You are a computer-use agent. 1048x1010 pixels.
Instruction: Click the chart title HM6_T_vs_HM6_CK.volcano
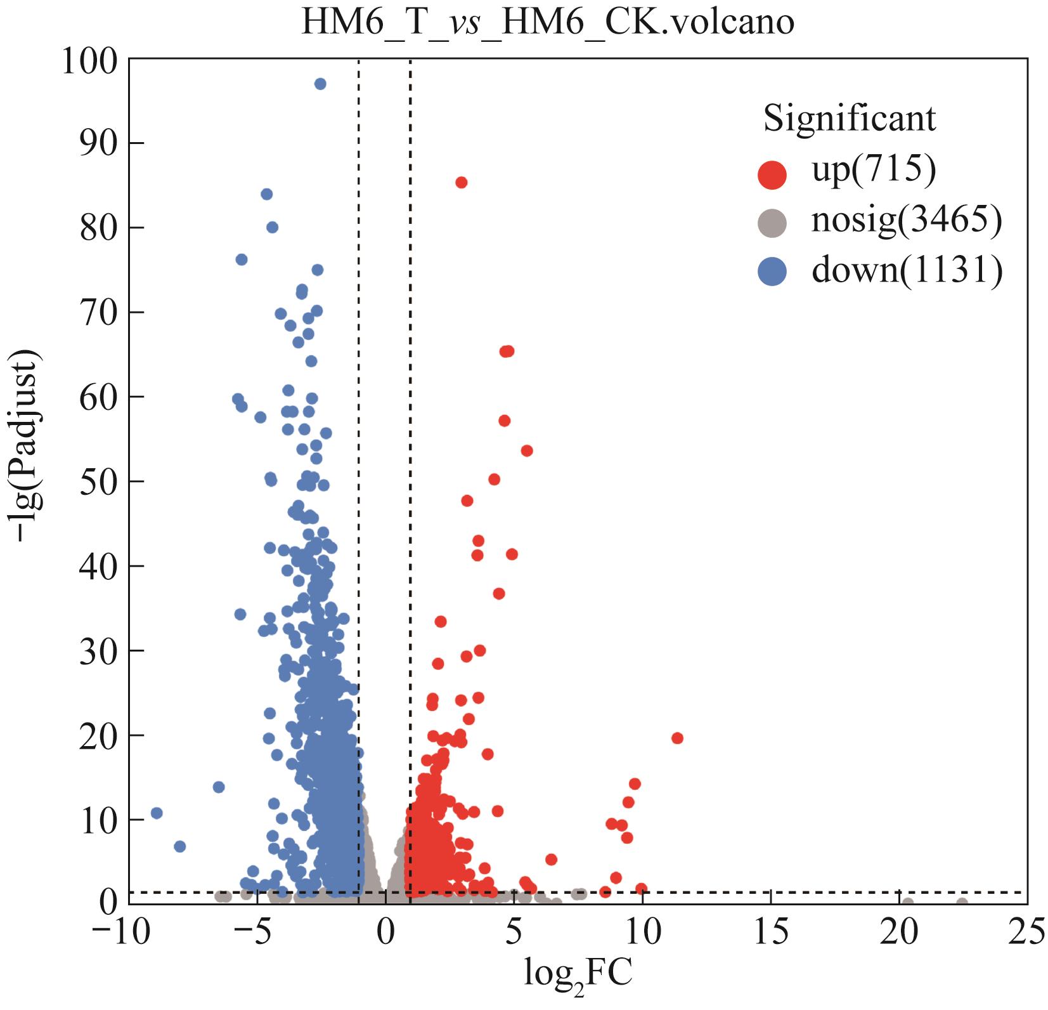click(x=548, y=23)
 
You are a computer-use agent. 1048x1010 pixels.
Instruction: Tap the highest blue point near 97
click(x=320, y=84)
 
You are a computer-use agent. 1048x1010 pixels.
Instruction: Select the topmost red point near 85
click(x=462, y=183)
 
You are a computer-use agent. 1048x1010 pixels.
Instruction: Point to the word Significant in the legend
click(x=850, y=119)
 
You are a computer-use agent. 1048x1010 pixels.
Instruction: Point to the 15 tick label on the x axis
click(x=770, y=933)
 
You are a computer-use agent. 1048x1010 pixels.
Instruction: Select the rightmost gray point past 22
click(x=962, y=903)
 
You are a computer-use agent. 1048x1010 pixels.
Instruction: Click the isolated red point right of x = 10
click(x=677, y=738)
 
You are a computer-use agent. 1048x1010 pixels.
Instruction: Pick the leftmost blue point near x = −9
click(x=157, y=813)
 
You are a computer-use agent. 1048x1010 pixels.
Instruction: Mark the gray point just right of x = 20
click(x=908, y=903)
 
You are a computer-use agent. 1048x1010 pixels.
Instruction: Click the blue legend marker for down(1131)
click(x=772, y=272)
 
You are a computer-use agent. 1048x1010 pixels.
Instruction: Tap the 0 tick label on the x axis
click(x=385, y=933)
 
